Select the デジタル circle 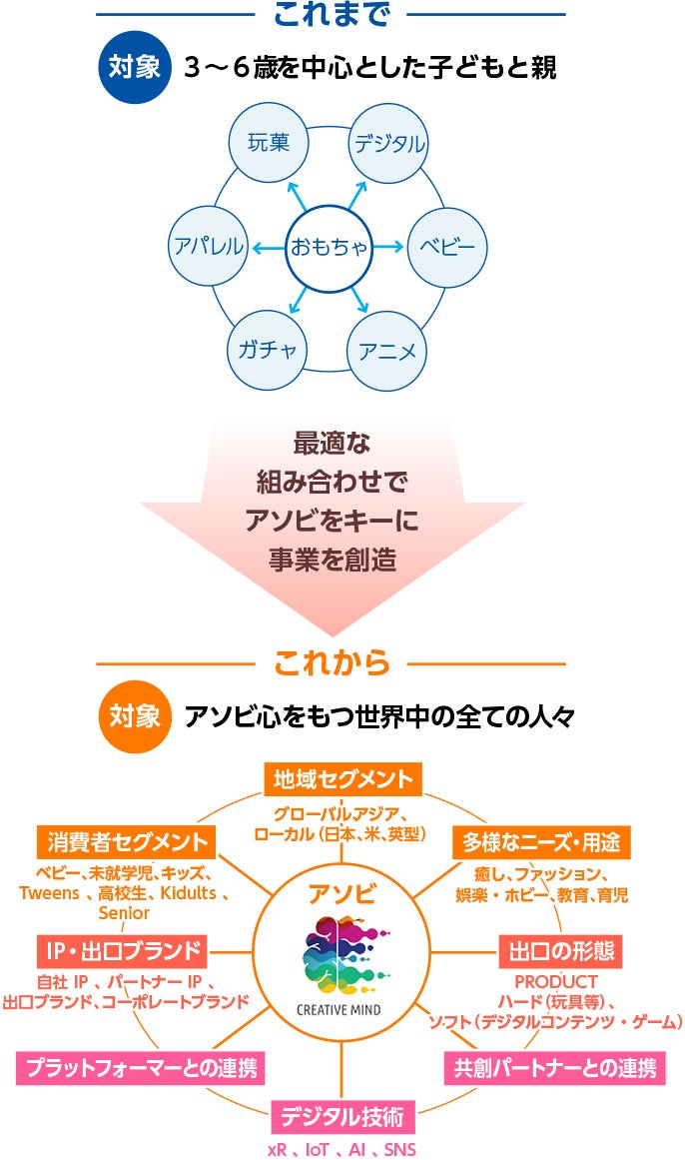[x=388, y=142]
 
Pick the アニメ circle [x=387, y=350]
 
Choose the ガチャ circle [x=268, y=350]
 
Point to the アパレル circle [x=208, y=246]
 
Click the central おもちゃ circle [x=329, y=246]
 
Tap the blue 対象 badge [x=134, y=68]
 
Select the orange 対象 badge [x=134, y=716]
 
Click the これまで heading [x=331, y=14]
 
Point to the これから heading [x=331, y=661]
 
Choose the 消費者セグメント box [x=125, y=840]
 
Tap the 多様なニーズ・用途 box [x=541, y=842]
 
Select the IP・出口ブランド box [x=122, y=948]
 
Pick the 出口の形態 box [x=561, y=949]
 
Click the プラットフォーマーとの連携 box [x=139, y=1068]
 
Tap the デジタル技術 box [x=342, y=1115]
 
